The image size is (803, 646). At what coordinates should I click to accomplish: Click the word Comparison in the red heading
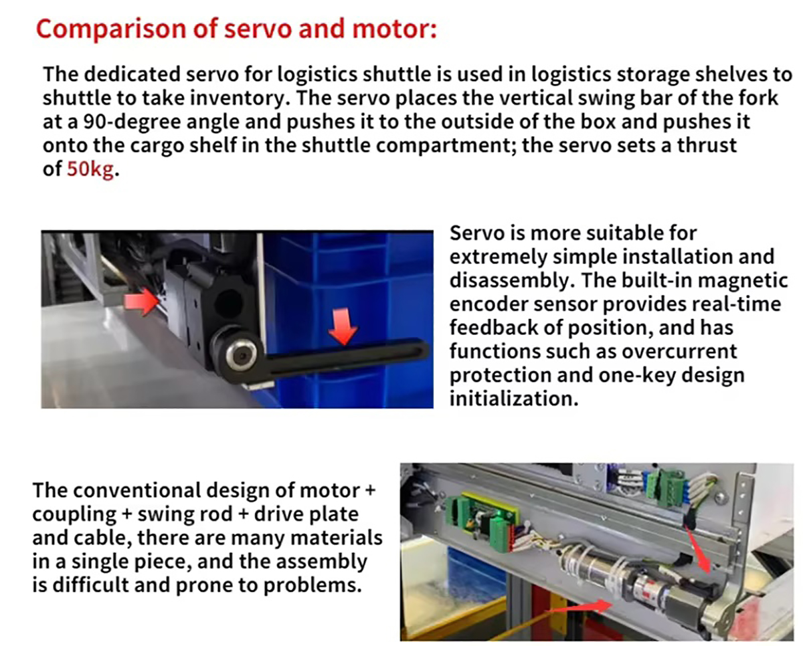[111, 30]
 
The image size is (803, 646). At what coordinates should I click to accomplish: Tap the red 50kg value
[90, 169]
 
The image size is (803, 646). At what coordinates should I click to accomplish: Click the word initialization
[514, 399]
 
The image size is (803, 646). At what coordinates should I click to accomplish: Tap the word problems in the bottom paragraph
[313, 585]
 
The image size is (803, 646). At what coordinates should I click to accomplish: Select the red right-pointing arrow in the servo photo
[141, 302]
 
